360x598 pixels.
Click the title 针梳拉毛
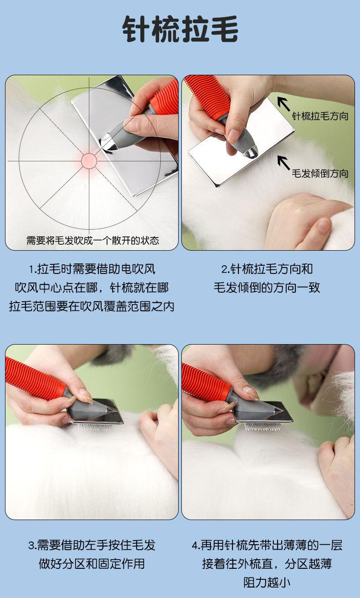(180, 29)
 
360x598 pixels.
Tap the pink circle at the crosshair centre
(89, 161)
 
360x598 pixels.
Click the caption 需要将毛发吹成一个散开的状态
(93, 241)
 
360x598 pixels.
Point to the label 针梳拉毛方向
(320, 116)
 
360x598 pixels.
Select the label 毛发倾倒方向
(320, 174)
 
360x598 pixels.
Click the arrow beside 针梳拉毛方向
(283, 103)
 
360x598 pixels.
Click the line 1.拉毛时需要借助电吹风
(92, 269)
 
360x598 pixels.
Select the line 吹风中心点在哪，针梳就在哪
(92, 288)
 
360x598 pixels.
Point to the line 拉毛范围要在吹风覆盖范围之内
(92, 306)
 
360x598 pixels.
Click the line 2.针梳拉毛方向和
(267, 269)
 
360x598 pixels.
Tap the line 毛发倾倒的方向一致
(267, 288)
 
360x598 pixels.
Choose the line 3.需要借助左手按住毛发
(92, 545)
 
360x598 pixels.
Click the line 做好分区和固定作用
(92, 563)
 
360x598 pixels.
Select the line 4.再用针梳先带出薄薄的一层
(267, 545)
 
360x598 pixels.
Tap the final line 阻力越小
(267, 582)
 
